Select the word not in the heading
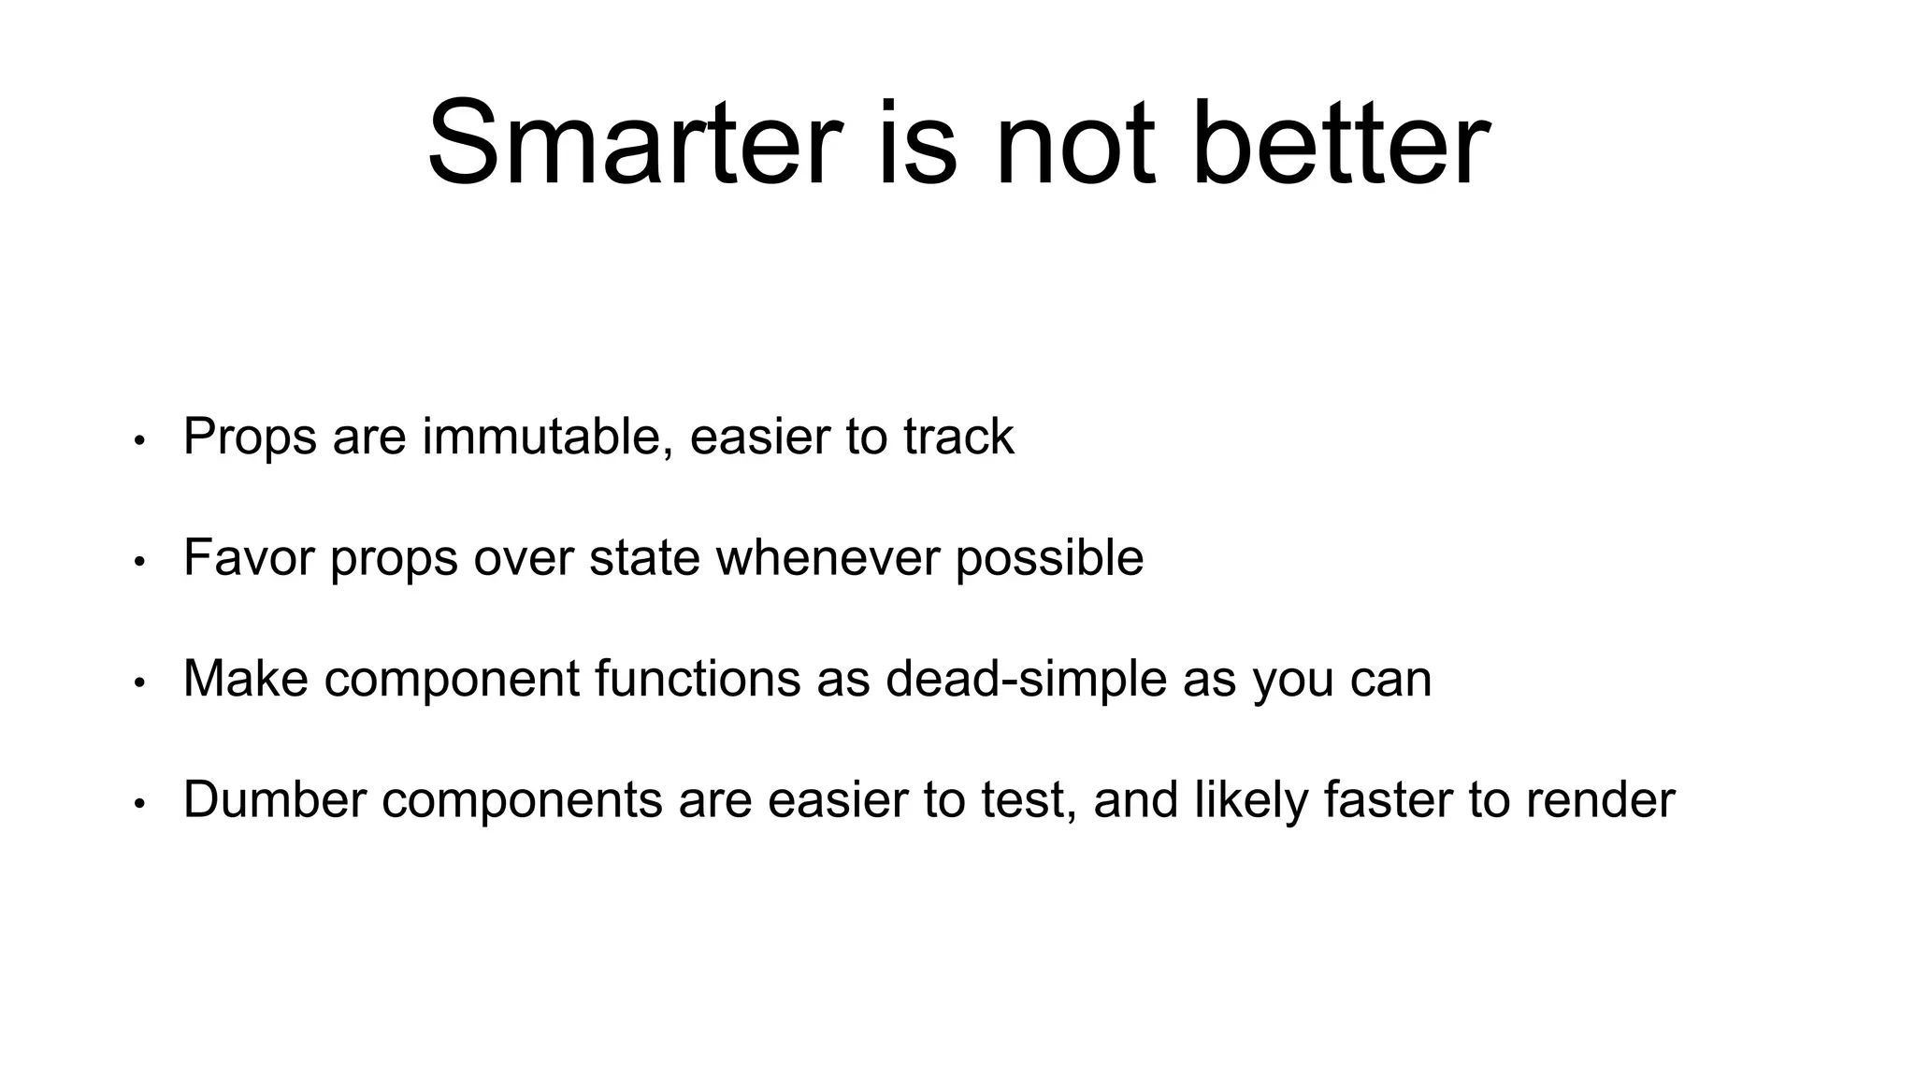1074,144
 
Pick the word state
644,558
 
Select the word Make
246,679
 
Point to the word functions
698,679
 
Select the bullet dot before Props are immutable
139,440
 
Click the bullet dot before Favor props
139,562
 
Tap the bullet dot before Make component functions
139,682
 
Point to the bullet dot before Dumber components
139,804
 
